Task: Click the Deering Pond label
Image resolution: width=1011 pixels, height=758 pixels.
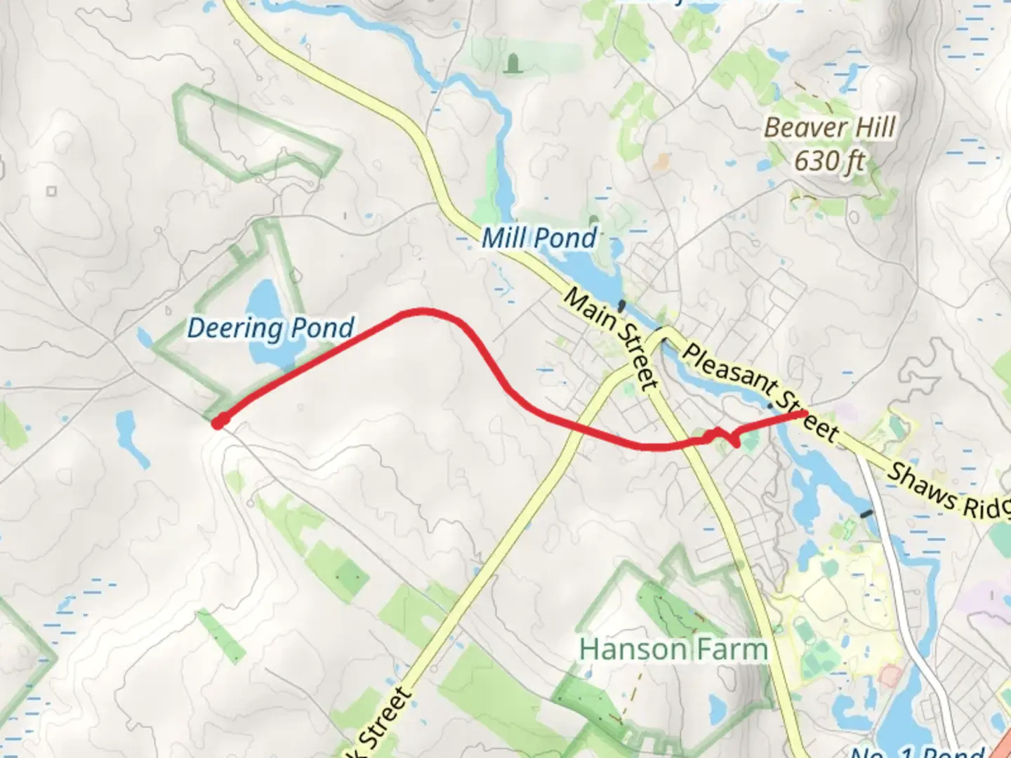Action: (270, 328)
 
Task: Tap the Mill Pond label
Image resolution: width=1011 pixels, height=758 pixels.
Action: (539, 239)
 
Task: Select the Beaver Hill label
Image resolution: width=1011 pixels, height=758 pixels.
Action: (829, 128)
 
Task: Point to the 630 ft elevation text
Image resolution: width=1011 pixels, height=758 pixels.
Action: (829, 161)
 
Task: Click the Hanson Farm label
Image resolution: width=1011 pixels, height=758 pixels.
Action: (673, 649)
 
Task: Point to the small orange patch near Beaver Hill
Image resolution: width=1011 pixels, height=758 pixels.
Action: (661, 163)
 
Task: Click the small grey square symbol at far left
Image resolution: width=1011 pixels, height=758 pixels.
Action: (51, 191)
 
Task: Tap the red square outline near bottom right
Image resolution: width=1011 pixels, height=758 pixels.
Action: (890, 676)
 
